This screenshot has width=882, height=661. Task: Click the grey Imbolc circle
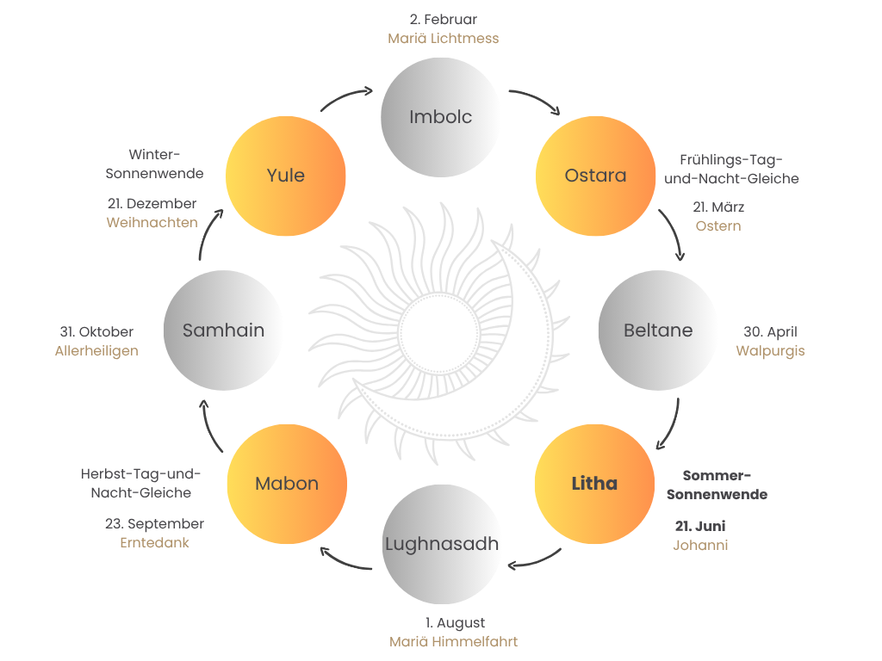coord(440,117)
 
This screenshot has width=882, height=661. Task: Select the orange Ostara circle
coord(595,176)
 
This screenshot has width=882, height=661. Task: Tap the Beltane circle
coord(658,330)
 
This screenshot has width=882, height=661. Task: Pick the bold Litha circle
coord(594,484)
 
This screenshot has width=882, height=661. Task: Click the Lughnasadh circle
coord(442,544)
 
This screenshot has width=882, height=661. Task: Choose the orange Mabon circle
coord(287,484)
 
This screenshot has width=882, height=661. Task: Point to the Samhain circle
coord(223,330)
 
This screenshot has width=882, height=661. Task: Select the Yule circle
coord(286,176)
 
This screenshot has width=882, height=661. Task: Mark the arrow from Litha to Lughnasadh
coord(536,562)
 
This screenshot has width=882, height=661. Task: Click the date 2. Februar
coord(444,19)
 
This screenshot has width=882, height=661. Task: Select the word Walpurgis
coord(770,351)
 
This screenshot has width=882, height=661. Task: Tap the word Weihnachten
coord(152,223)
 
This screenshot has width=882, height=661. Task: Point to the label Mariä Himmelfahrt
coord(453,641)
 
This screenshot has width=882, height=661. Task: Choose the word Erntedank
coord(155,542)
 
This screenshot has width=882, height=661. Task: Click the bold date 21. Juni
coord(700,526)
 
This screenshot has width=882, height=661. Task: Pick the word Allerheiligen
coord(96,351)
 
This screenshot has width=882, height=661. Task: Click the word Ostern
coord(718,226)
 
